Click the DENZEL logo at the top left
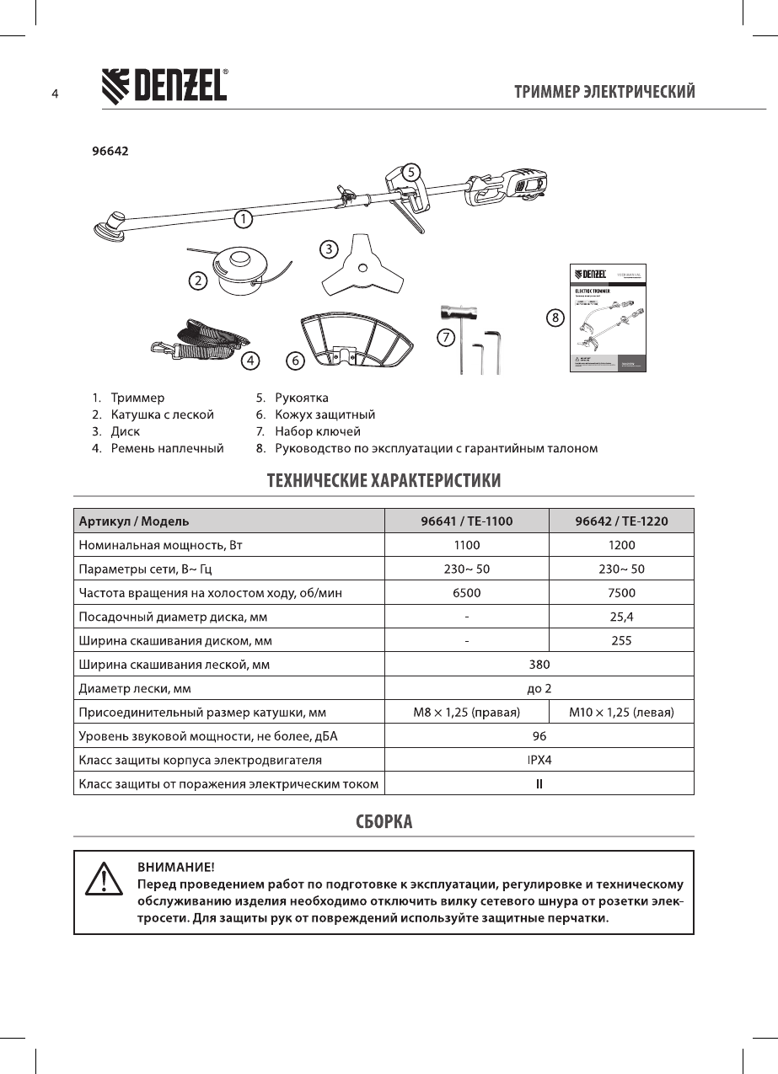pos(164,85)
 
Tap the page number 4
pos(54,94)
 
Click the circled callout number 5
pos(410,172)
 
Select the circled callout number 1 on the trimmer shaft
pos(243,220)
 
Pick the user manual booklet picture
pos(608,318)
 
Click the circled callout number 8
pos(555,318)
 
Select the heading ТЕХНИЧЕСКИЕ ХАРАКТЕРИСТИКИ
pos(384,481)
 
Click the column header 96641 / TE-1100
pos(466,521)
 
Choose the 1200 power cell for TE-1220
pos(621,545)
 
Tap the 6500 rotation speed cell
pos(466,592)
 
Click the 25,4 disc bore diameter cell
pos(621,617)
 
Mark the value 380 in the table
pos(539,664)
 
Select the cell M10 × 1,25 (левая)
pos(621,712)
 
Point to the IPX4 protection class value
pos(539,760)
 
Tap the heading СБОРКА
pos(384,821)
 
